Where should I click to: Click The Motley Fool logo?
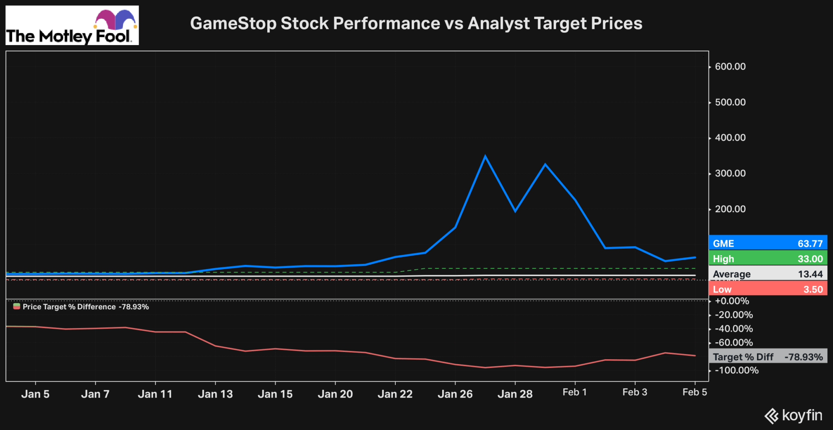tap(72, 25)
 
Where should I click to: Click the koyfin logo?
tap(793, 415)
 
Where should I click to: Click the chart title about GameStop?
tap(416, 23)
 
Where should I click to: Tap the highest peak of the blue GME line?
tap(485, 156)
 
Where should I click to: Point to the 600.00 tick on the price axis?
tap(730, 67)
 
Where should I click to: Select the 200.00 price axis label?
tap(730, 209)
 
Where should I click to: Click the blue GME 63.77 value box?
tap(768, 243)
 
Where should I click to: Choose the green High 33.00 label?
tap(768, 258)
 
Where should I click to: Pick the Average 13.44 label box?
tap(768, 274)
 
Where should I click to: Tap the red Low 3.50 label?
tap(768, 289)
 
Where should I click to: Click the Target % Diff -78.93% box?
tap(768, 357)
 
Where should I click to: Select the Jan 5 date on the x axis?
tap(35, 394)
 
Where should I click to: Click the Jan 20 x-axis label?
tap(335, 394)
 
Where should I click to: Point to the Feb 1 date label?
tap(574, 392)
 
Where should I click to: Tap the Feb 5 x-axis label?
tap(694, 392)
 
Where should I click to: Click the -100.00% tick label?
tap(737, 370)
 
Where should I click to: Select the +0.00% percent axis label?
tap(732, 301)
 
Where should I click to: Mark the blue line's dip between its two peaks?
tap(515, 211)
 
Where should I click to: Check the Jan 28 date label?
tap(515, 394)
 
